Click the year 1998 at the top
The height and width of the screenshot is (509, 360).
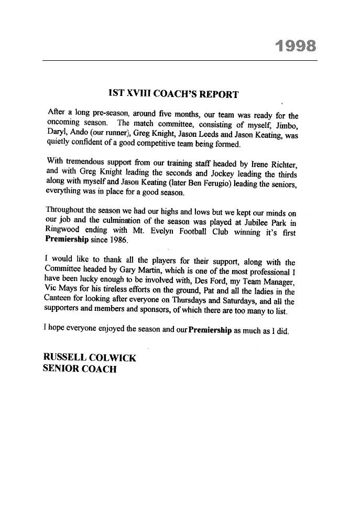pos(296,46)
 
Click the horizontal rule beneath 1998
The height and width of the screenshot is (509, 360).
pos(180,61)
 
